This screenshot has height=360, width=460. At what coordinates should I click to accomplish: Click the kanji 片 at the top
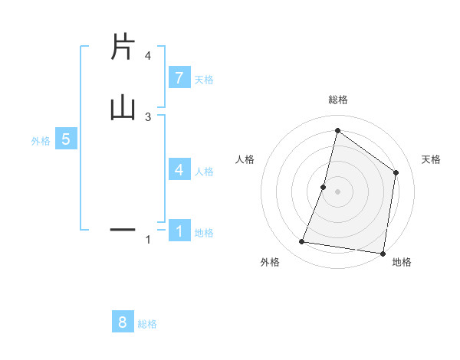(122, 47)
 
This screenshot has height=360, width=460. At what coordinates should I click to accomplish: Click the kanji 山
(123, 107)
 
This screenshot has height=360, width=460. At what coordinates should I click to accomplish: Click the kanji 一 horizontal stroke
(123, 229)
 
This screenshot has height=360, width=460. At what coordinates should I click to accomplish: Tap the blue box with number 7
(179, 77)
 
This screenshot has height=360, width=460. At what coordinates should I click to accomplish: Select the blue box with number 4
(179, 170)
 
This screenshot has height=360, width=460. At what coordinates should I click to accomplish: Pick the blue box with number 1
(179, 231)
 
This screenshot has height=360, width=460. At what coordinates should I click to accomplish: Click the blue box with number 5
(66, 139)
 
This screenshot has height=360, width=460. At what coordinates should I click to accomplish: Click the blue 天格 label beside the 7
(204, 79)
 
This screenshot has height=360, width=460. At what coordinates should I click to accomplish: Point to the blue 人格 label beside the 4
(204, 172)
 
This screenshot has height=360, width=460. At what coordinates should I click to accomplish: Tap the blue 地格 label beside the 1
(204, 233)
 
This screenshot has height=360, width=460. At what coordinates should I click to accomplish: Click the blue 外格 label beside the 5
(41, 141)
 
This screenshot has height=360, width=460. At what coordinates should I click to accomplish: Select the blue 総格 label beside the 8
(147, 324)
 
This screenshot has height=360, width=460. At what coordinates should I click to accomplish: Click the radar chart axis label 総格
(338, 100)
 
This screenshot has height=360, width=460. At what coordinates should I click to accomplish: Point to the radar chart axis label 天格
(431, 159)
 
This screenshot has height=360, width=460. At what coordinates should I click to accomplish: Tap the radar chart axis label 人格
(245, 159)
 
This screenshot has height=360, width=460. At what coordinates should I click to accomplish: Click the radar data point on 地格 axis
(383, 253)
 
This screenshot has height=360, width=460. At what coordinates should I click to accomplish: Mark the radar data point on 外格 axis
(301, 242)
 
